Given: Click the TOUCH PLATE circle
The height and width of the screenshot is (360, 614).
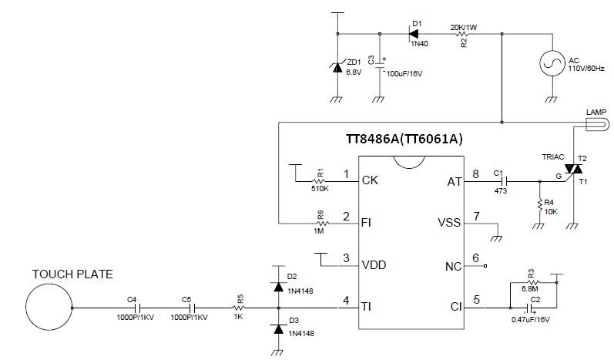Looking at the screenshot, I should pos(50,307).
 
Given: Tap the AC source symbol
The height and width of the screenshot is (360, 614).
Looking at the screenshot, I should pos(552,66).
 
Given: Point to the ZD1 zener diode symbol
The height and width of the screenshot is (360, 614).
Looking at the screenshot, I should pos(337,68).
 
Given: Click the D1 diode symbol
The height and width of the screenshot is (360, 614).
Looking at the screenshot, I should pos(414,34).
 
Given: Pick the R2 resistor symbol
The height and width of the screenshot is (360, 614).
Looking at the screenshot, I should pos(463,34).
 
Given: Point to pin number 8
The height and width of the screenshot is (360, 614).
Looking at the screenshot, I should pos(476,173).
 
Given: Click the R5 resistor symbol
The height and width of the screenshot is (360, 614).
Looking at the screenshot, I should pos(240,307).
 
